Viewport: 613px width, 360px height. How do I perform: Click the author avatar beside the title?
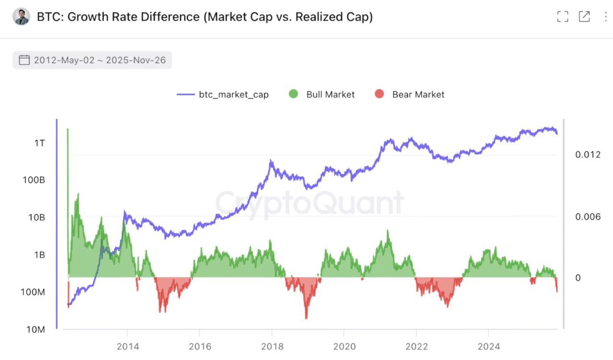tap(22, 17)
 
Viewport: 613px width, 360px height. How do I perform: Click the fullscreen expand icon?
tap(562, 17)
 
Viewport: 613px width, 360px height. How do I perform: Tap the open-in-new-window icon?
tap(584, 17)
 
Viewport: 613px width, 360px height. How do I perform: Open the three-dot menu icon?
tap(606, 17)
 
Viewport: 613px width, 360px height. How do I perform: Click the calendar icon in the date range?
tap(24, 60)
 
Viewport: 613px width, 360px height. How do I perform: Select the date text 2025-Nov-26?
tap(136, 60)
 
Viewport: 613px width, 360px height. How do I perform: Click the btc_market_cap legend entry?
tap(223, 94)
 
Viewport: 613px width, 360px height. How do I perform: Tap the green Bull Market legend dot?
tap(294, 94)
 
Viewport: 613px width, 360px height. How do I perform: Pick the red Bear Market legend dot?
tap(379, 94)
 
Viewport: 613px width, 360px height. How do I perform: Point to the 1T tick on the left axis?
tap(40, 143)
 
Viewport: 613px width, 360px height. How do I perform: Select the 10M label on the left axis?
tap(35, 329)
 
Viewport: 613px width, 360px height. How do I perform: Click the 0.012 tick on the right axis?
tap(587, 155)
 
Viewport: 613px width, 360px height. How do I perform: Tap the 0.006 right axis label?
tap(587, 217)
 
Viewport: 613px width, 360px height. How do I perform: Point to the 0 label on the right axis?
tap(578, 278)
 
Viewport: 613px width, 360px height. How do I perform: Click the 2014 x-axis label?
tap(128, 346)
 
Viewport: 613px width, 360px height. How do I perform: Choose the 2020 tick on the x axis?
tap(344, 346)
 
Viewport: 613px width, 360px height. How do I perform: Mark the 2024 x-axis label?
tap(488, 346)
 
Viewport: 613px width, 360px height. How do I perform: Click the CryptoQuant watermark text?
tap(309, 203)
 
